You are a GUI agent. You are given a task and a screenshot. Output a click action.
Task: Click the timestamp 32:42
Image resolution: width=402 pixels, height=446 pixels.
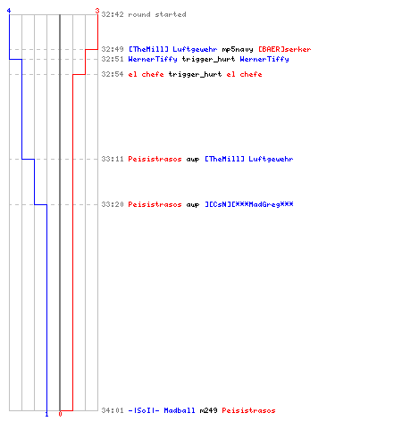point(113,14)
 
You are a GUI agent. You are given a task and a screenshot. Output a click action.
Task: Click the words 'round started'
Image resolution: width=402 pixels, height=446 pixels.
point(157,14)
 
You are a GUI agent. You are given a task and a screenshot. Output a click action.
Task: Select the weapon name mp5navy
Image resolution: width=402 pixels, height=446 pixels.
point(238,49)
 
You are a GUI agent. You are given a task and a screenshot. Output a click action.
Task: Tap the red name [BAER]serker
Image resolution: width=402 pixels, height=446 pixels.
point(285,49)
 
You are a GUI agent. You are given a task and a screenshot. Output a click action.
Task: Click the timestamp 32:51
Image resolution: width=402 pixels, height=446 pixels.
point(113,59)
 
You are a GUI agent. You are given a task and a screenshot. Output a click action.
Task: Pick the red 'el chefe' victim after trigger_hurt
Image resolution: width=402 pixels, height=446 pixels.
point(244,74)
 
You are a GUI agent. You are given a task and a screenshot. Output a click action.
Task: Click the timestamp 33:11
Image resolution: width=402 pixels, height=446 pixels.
point(113,159)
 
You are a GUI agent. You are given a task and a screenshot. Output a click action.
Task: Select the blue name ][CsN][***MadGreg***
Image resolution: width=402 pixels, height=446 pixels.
point(249,204)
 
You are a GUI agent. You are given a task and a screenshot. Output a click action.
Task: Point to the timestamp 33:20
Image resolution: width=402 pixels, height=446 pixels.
point(113,204)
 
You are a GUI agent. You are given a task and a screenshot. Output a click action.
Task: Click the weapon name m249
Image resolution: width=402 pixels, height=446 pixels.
point(208,410)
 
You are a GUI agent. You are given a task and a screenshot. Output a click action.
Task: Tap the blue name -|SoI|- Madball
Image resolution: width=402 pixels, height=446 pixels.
point(162,410)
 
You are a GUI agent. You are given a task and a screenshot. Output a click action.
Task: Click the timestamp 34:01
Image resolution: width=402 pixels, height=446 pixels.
point(113,410)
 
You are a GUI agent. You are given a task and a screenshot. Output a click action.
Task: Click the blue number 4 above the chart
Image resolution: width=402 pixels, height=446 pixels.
point(9,11)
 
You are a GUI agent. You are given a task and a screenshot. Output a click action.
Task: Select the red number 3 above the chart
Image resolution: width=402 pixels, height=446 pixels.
point(97,11)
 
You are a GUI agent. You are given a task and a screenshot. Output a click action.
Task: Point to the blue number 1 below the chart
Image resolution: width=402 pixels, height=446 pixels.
point(46,414)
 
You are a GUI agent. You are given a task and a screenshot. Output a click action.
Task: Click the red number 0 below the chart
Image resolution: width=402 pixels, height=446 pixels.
point(60,414)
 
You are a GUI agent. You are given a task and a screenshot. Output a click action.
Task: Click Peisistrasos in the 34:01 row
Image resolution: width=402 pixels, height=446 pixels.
point(248,410)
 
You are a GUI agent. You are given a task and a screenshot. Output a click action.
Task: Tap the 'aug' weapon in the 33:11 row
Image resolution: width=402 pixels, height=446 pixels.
point(193,160)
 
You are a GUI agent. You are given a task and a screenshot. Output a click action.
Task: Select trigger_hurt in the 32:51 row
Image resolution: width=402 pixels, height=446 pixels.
point(208,59)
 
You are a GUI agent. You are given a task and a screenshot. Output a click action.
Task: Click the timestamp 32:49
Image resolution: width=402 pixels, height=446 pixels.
point(113,49)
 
